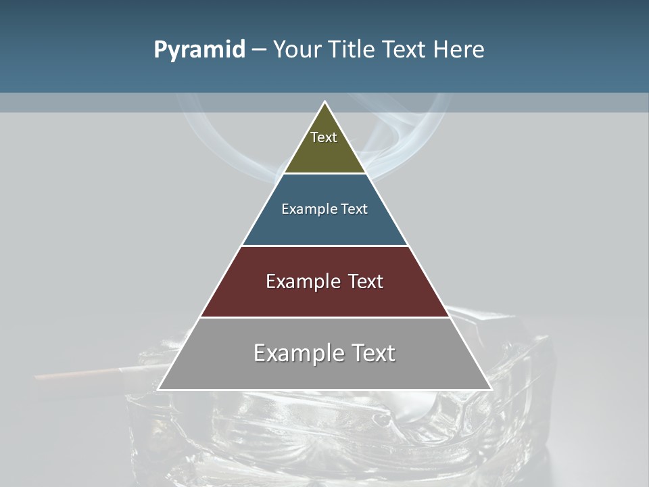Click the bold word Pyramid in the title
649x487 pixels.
(x=199, y=50)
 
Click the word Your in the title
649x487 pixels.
(x=295, y=49)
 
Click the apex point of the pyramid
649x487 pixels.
(x=324, y=102)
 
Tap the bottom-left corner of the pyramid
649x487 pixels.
(x=159, y=389)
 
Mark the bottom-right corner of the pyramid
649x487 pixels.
(x=490, y=389)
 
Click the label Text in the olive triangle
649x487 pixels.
(x=324, y=137)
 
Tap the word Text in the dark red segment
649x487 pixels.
(x=362, y=281)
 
